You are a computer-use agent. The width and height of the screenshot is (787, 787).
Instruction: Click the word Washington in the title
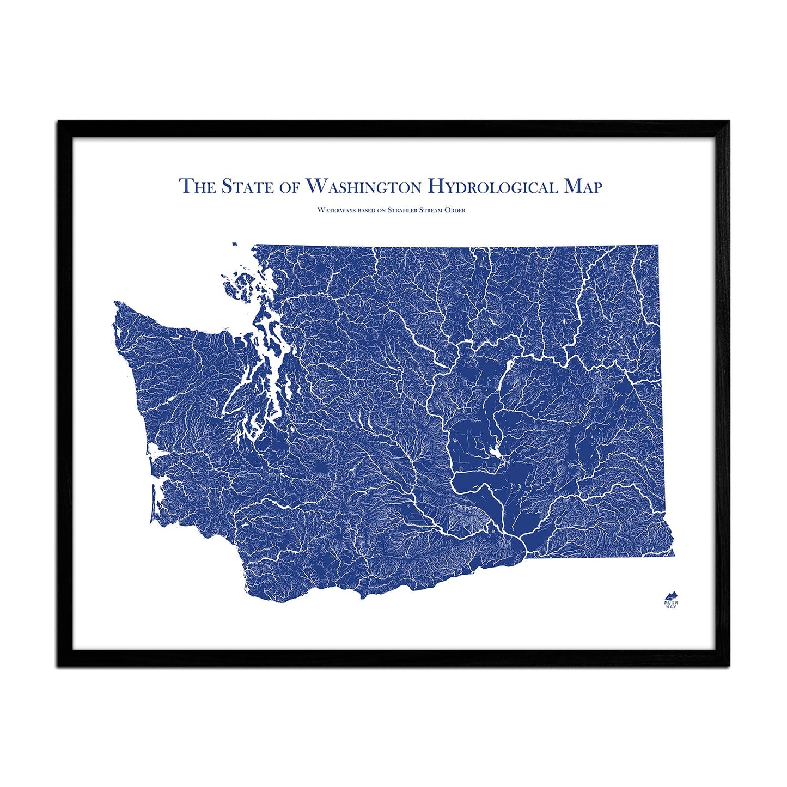(363, 186)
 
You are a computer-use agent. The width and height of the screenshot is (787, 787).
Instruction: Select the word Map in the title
(583, 186)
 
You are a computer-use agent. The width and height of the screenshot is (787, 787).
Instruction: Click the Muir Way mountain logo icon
(671, 594)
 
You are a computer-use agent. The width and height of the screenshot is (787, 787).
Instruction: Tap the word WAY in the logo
(671, 607)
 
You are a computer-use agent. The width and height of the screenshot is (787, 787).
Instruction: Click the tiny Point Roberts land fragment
(234, 245)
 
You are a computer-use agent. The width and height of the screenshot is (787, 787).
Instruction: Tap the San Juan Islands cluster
(240, 283)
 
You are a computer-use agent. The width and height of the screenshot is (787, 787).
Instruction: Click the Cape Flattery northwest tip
(115, 302)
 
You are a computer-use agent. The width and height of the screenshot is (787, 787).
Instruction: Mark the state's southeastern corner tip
(674, 556)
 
